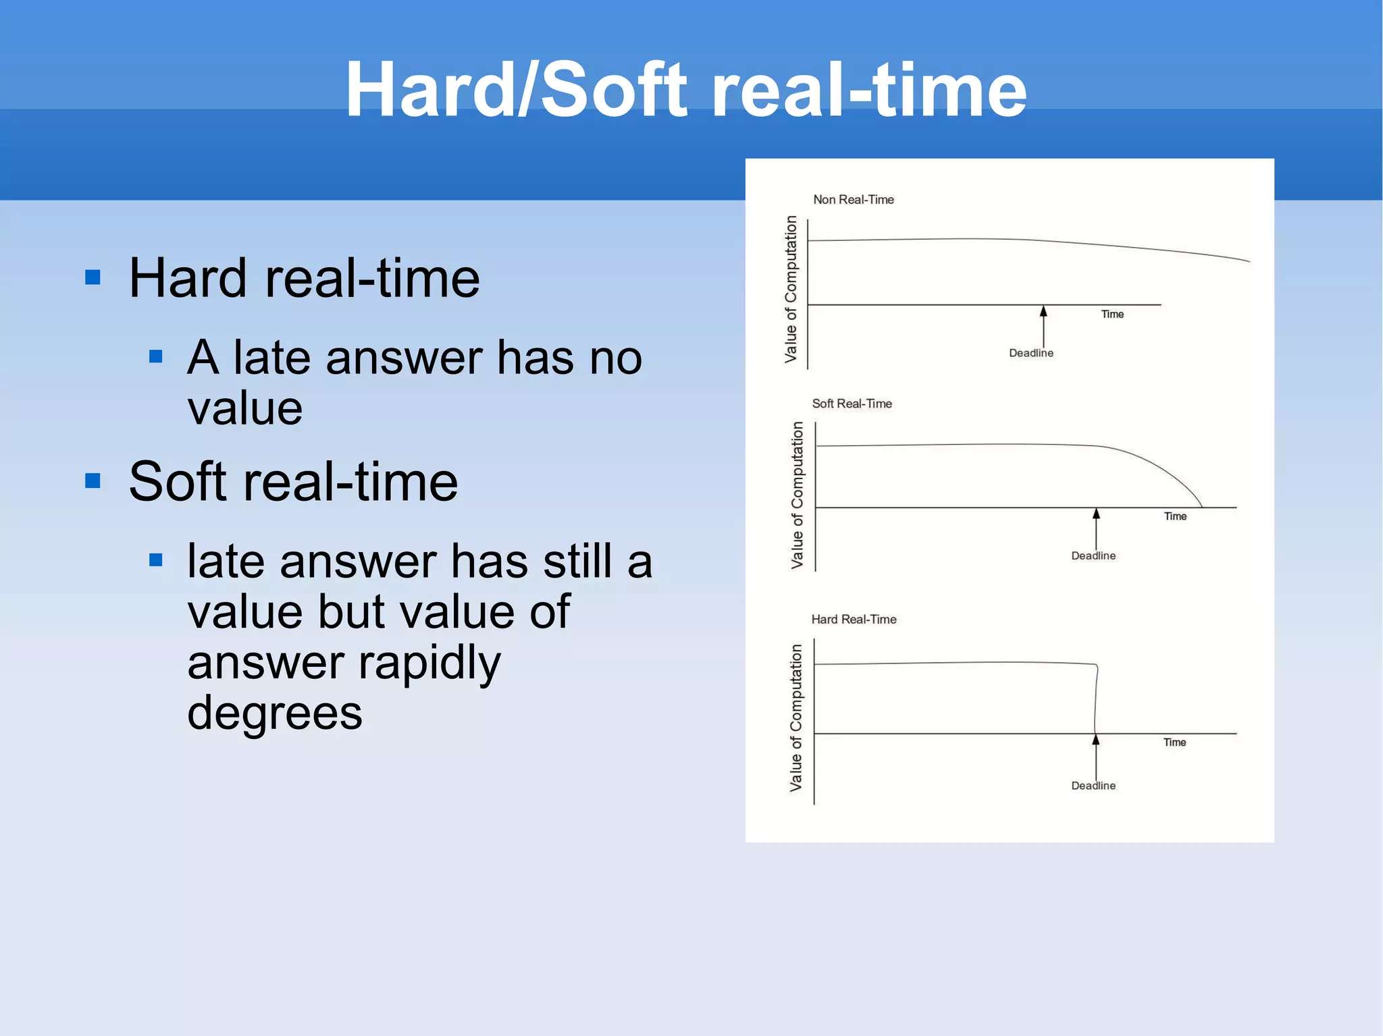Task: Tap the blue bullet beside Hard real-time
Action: pos(93,277)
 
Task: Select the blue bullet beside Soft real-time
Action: pos(93,481)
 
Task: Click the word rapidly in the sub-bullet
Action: pos(429,663)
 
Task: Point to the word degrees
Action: pos(274,713)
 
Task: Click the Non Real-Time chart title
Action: pos(853,200)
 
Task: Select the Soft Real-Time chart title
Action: pos(852,404)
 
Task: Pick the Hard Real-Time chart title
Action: pos(854,620)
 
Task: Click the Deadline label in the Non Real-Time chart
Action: pos(1030,353)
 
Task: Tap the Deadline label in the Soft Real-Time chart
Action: pos(1093,556)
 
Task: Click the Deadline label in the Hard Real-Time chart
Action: pos(1093,786)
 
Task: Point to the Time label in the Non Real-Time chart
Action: pos(1112,315)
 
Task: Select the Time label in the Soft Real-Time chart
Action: pos(1175,516)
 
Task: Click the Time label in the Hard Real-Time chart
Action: pos(1174,742)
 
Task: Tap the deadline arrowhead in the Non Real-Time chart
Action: pos(1043,311)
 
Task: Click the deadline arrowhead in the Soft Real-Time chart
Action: pos(1096,514)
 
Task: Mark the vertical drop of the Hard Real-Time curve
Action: pos(1095,699)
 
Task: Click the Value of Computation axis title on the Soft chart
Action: pos(798,495)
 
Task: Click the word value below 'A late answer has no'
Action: pos(245,408)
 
